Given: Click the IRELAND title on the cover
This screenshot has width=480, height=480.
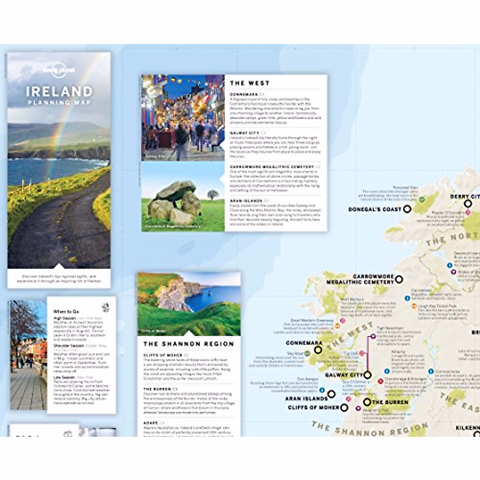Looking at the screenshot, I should click(x=59, y=92).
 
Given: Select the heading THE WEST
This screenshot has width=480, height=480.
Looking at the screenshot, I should click(x=250, y=83).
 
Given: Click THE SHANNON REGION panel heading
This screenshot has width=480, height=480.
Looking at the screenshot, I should click(x=188, y=344).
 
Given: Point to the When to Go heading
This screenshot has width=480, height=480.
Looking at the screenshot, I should click(x=66, y=311).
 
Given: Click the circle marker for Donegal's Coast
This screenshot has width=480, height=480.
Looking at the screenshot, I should click(x=407, y=209).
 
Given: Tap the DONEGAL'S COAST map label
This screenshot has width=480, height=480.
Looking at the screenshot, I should click(x=374, y=209).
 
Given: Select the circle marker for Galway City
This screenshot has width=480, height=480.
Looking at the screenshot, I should click(x=367, y=375).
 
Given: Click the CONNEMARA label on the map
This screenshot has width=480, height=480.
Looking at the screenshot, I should click(x=304, y=343).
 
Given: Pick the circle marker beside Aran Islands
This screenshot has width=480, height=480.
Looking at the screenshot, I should click(x=331, y=394).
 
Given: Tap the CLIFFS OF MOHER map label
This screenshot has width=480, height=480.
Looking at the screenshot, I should click(x=313, y=408).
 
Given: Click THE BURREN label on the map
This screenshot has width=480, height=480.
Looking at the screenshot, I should click(x=390, y=402).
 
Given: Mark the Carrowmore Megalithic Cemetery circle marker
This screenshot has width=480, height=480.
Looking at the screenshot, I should click(x=399, y=279).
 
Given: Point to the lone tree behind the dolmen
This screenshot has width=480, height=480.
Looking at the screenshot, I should click(x=213, y=195).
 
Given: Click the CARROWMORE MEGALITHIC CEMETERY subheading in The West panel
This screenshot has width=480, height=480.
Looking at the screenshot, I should click(x=272, y=166).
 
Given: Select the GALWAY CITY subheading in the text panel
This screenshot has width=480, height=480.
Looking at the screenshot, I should click(x=244, y=133).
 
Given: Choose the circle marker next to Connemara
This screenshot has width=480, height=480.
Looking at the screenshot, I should click(x=318, y=350).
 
